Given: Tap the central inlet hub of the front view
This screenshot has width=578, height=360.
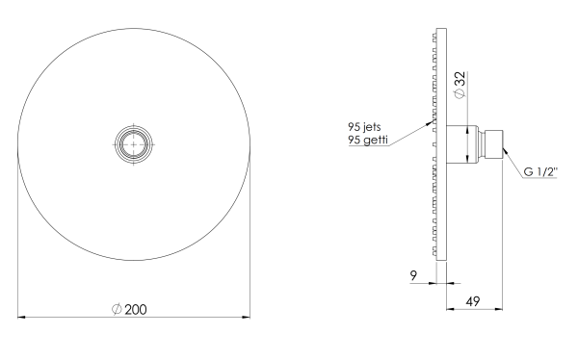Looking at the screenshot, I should coord(134,144).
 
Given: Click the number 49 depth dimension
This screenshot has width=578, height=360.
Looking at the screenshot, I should coord(473,301).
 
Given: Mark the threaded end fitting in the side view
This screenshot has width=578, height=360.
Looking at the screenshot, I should coord(492,144).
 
